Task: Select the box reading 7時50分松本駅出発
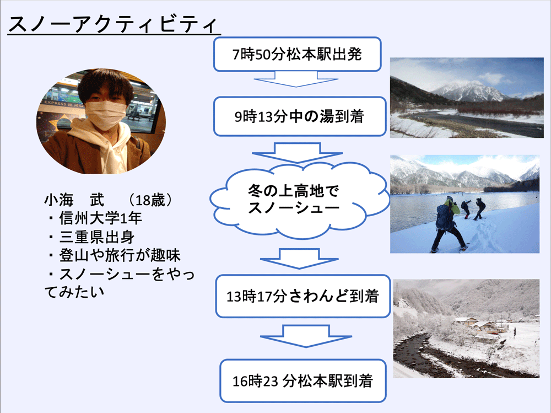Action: [298, 54]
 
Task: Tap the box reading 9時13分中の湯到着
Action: [300, 116]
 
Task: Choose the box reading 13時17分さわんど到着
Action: [303, 296]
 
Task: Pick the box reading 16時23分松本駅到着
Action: [303, 380]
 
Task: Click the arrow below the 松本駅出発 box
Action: [296, 79]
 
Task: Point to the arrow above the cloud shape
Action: [297, 152]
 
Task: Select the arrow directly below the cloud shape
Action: [299, 259]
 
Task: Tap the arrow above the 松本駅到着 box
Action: [306, 336]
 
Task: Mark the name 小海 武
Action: [74, 200]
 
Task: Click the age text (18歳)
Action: [150, 200]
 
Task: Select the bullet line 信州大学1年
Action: [95, 218]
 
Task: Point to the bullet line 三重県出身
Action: [91, 237]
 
